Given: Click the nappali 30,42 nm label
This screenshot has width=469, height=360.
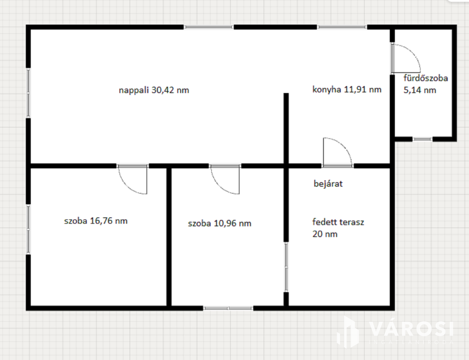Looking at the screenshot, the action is pyautogui.click(x=154, y=90).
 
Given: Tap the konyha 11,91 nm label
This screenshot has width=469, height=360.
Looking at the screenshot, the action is pyautogui.click(x=347, y=90).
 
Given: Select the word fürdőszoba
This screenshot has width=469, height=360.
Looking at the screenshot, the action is pyautogui.click(x=426, y=78).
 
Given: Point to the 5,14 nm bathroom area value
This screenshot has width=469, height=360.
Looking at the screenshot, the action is pyautogui.click(x=420, y=90).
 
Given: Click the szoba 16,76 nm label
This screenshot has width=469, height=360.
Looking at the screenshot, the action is pyautogui.click(x=96, y=221).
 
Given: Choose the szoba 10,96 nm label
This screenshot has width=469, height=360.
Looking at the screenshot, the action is pyautogui.click(x=219, y=224).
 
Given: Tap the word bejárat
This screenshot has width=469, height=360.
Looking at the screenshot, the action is pyautogui.click(x=328, y=184).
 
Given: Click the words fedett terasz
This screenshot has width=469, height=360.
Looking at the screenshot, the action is pyautogui.click(x=338, y=222).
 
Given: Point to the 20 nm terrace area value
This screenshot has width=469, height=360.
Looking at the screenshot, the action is pyautogui.click(x=325, y=234).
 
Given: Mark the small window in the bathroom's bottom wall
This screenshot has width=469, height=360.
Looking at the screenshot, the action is pyautogui.click(x=422, y=139).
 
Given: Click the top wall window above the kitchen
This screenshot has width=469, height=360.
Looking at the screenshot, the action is pyautogui.click(x=342, y=27).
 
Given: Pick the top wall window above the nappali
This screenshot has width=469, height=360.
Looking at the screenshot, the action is pyautogui.click(x=209, y=27).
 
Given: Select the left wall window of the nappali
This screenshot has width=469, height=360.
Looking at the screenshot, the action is pyautogui.click(x=28, y=93).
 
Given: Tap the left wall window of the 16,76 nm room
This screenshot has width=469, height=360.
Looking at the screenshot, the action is pyautogui.click(x=28, y=229).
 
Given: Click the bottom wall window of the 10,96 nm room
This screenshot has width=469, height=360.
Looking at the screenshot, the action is pyautogui.click(x=228, y=308).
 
